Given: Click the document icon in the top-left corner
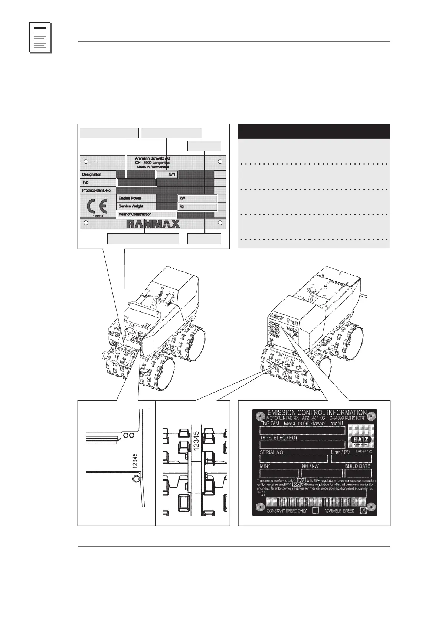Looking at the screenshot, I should (x=40, y=39).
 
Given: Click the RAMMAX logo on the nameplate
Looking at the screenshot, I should (x=153, y=223).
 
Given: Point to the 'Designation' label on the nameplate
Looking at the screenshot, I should (x=92, y=174).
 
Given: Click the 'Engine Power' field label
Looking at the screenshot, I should (x=130, y=198).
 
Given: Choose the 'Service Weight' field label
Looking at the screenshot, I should (x=131, y=206).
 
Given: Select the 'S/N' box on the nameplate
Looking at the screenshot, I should (x=167, y=174).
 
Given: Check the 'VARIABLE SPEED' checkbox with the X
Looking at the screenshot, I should (x=363, y=511).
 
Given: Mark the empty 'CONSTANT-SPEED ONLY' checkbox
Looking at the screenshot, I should (x=315, y=511).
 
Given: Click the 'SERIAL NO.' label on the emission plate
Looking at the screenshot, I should (x=272, y=452).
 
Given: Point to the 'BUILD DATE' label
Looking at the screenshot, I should (x=358, y=466).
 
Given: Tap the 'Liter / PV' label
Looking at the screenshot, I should (x=340, y=452).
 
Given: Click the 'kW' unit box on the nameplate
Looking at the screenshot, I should (x=197, y=198).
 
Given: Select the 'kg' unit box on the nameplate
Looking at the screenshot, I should (x=197, y=206).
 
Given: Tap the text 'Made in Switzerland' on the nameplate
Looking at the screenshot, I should (x=153, y=167).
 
